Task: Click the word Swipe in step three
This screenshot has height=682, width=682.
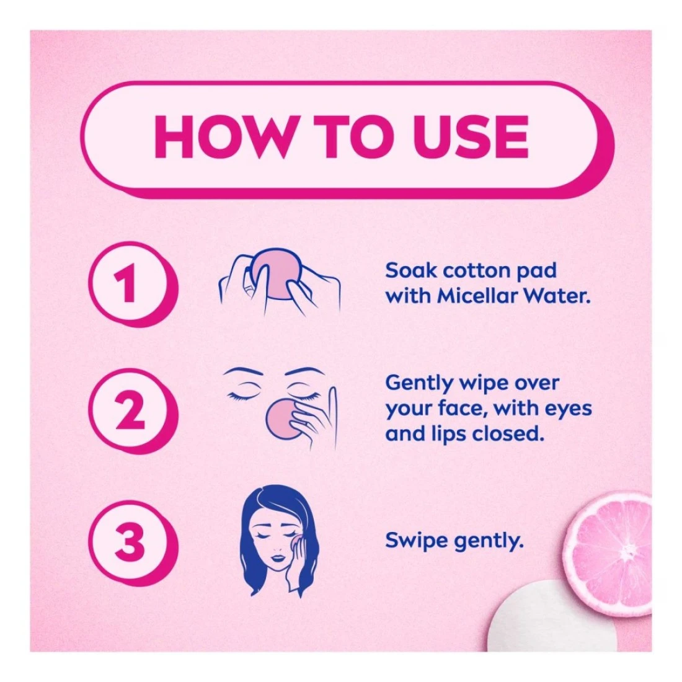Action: (416, 541)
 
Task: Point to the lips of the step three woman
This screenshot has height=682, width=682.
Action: (278, 558)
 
